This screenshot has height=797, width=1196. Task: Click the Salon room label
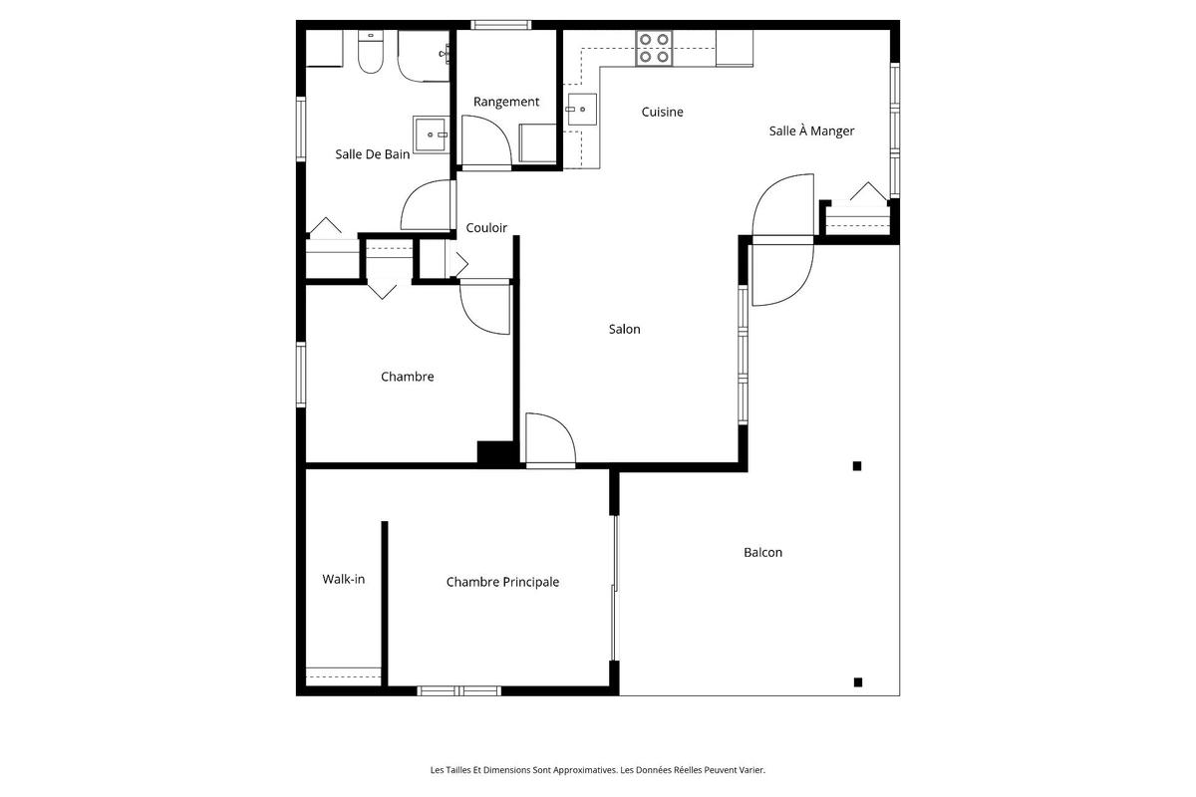(625, 330)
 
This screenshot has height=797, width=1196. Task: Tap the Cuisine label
(662, 113)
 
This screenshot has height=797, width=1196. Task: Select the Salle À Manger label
(811, 131)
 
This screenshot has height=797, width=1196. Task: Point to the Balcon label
(762, 553)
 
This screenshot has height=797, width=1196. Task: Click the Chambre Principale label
(502, 583)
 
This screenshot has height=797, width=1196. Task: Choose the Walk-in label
(343, 579)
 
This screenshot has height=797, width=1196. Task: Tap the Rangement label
(506, 102)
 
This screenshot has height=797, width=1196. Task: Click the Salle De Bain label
(372, 154)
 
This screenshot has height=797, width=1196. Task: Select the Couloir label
(486, 228)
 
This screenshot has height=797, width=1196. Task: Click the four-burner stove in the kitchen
(654, 48)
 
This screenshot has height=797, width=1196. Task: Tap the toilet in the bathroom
(371, 55)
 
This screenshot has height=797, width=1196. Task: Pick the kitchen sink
(580, 112)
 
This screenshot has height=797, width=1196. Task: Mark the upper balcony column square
(856, 465)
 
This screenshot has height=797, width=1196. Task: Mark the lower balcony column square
(857, 682)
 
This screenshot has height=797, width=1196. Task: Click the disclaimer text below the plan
(597, 770)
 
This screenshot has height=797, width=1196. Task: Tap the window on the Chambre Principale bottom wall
(458, 690)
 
